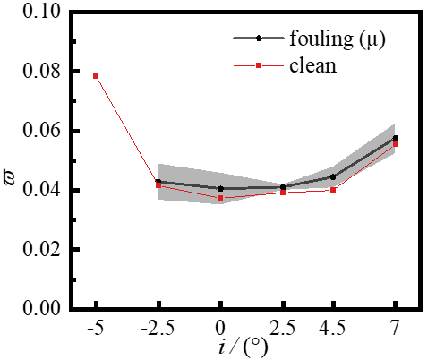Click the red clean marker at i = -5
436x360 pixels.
pyautogui.click(x=96, y=76)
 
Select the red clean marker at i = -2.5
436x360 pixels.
pyautogui.click(x=158, y=185)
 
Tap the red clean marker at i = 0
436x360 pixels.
pyautogui.click(x=220, y=198)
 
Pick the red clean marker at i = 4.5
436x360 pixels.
pyautogui.click(x=332, y=190)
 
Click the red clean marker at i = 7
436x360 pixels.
pyautogui.click(x=395, y=143)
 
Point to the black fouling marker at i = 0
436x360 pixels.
pyautogui.click(x=220, y=189)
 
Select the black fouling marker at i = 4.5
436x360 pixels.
pyautogui.click(x=332, y=176)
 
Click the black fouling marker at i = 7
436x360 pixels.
pyautogui.click(x=395, y=138)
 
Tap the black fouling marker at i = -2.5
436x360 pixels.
pyautogui.click(x=158, y=182)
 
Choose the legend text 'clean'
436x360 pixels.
pyautogui.click(x=312, y=64)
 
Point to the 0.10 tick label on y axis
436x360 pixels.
pyautogui.click(x=40, y=13)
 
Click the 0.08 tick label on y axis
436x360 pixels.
pyautogui.click(x=40, y=72)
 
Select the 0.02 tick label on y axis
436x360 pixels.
pyautogui.click(x=40, y=249)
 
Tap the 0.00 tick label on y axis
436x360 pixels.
pyautogui.click(x=40, y=308)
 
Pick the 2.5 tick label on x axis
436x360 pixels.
pyautogui.click(x=282, y=327)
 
